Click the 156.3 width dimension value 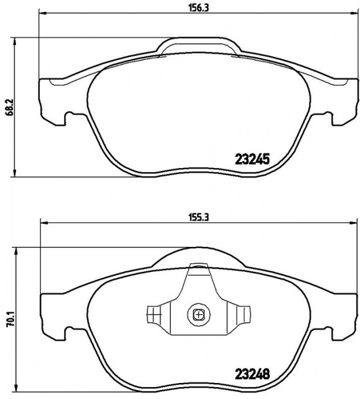(x=199, y=8)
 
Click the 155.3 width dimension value (x=199, y=217)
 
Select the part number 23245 (x=252, y=160)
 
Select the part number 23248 (x=252, y=374)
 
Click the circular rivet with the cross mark (x=199, y=315)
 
